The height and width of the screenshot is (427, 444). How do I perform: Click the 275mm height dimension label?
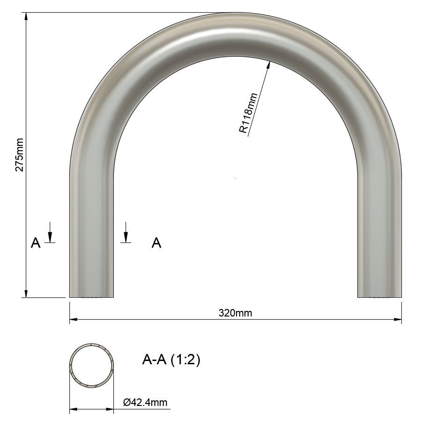(19, 155)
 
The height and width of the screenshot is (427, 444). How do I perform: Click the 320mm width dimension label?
(235, 313)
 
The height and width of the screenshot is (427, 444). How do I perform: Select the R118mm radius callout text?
(249, 113)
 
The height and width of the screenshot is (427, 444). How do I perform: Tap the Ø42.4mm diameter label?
(145, 402)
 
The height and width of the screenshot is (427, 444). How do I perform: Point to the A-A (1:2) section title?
(171, 360)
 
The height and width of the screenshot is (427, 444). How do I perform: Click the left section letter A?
(36, 243)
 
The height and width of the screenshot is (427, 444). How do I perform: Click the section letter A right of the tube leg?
(156, 243)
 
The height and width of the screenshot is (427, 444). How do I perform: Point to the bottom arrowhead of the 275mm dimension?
(26, 294)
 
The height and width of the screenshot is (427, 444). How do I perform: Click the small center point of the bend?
(235, 178)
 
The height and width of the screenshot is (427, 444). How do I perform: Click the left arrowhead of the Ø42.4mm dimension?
(73, 410)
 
